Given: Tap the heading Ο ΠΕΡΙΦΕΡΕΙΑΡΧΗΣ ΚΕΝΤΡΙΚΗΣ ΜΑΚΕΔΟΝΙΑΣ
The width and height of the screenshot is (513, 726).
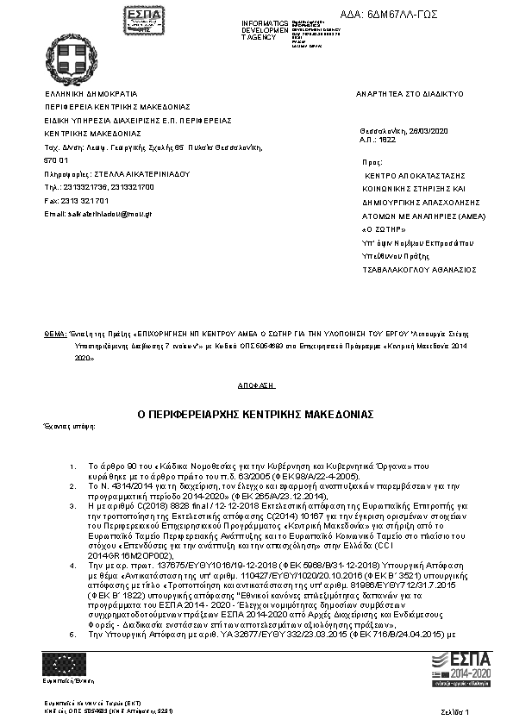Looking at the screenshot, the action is tap(256, 414).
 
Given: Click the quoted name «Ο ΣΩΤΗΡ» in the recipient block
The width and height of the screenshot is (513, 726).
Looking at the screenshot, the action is tap(380, 230).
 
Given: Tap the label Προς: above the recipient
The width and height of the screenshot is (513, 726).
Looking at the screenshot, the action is tap(373, 161).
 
